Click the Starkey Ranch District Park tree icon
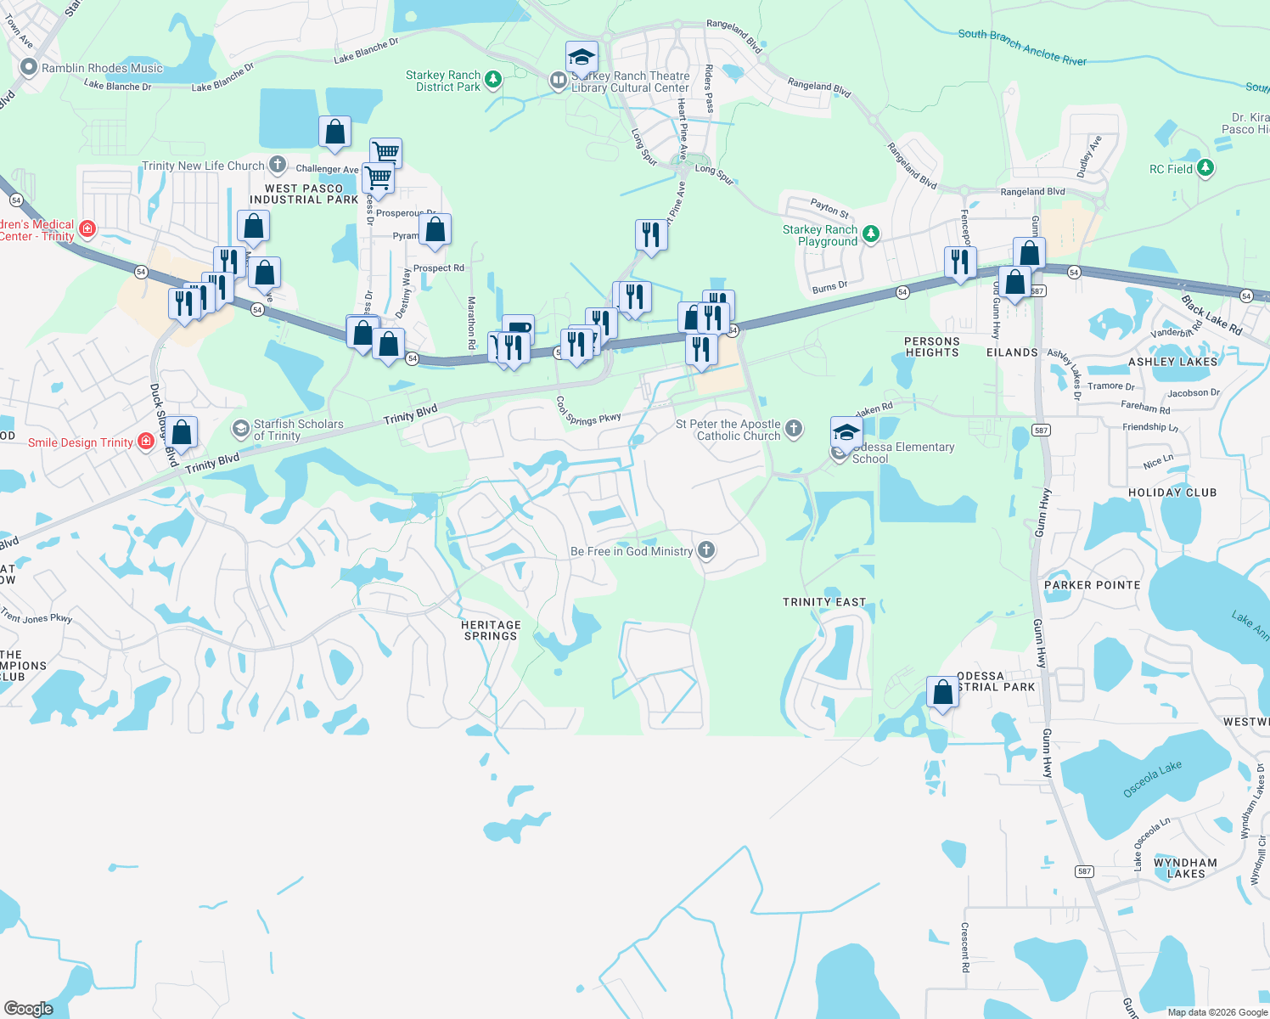[492, 80]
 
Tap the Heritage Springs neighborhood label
[491, 630]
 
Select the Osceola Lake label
[1152, 779]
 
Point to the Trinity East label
[824, 602]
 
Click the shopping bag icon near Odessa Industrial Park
[942, 693]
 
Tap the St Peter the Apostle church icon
[794, 429]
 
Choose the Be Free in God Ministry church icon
[705, 550]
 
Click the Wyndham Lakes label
[1185, 868]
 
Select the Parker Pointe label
[1092, 585]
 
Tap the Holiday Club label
[1172, 493]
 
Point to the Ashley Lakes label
[1172, 362]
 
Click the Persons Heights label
[932, 346]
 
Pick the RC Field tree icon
[1205, 168]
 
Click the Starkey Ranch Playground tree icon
[871, 234]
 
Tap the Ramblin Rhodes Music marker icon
[29, 67]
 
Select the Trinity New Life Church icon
[278, 165]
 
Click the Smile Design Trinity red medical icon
[146, 442]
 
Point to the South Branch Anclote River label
[1022, 48]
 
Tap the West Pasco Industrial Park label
[304, 194]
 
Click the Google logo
[29, 1008]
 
